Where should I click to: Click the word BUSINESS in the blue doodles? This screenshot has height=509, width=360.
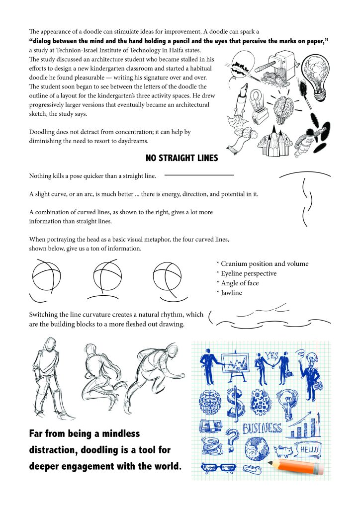262,428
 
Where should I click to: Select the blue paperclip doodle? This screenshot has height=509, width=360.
250,468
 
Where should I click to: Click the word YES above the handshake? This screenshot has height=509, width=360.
271,356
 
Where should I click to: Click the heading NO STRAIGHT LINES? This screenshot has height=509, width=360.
181,159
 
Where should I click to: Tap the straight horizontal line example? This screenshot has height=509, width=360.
199,175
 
